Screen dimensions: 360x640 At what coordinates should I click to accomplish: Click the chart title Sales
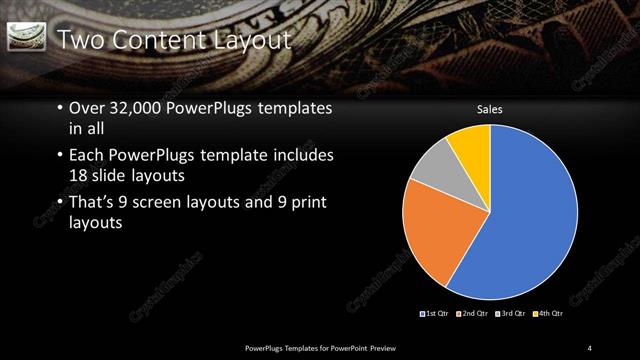[489, 109]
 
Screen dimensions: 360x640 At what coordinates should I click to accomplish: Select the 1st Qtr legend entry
[436, 314]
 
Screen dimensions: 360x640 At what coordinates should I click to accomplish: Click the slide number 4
[590, 347]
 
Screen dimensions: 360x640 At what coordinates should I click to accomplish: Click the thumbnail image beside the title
[26, 38]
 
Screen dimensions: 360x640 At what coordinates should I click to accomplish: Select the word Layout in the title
[250, 40]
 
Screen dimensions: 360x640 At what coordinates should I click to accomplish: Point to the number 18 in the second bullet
[79, 174]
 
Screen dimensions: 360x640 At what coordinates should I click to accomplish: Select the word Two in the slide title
[79, 40]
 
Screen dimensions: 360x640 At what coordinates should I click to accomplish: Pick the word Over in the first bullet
[86, 108]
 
